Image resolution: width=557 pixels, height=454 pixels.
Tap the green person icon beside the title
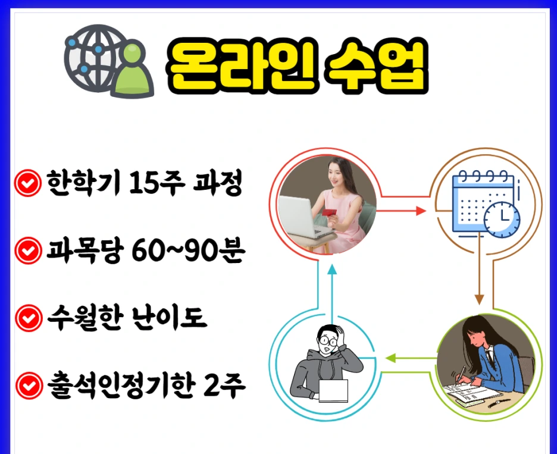point(132,72)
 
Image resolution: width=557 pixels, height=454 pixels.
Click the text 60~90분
point(197,252)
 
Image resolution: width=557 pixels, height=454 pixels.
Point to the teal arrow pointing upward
point(332,271)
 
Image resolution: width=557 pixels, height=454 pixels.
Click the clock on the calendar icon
point(501,219)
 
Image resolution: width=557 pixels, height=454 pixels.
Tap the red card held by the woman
point(329,212)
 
